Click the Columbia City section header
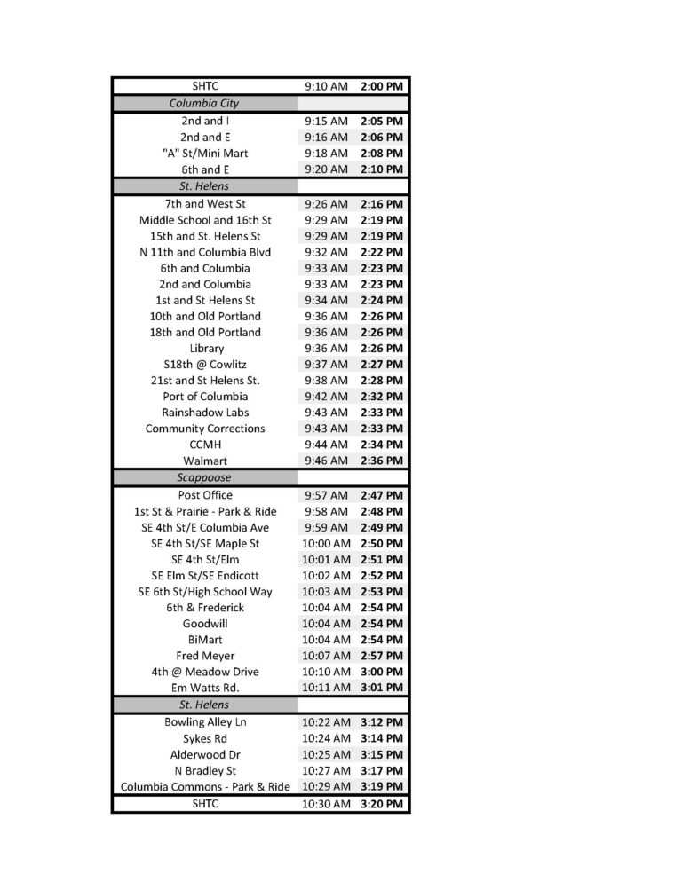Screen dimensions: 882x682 click(x=204, y=104)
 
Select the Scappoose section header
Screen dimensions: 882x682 click(x=204, y=477)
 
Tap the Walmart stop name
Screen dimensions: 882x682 click(x=205, y=461)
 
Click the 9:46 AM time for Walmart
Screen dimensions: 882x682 click(x=326, y=461)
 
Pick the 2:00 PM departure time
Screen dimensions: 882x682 click(x=382, y=86)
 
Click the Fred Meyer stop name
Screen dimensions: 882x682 click(x=205, y=656)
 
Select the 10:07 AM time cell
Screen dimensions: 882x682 click(x=326, y=656)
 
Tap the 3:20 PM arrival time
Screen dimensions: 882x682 click(x=382, y=804)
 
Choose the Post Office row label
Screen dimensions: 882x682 click(x=205, y=495)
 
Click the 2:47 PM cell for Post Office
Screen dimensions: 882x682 click(x=382, y=495)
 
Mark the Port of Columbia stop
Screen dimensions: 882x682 click(x=205, y=397)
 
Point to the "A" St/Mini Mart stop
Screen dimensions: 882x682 click(x=205, y=154)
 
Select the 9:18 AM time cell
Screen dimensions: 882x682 click(x=326, y=154)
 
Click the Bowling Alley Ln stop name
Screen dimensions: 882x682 click(x=205, y=722)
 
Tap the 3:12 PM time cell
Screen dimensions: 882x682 click(x=382, y=722)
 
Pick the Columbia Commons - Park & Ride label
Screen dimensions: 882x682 click(x=205, y=787)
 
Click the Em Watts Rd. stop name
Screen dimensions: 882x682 click(x=205, y=688)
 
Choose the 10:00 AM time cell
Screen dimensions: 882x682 click(x=326, y=543)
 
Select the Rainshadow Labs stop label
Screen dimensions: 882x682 click(x=205, y=413)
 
